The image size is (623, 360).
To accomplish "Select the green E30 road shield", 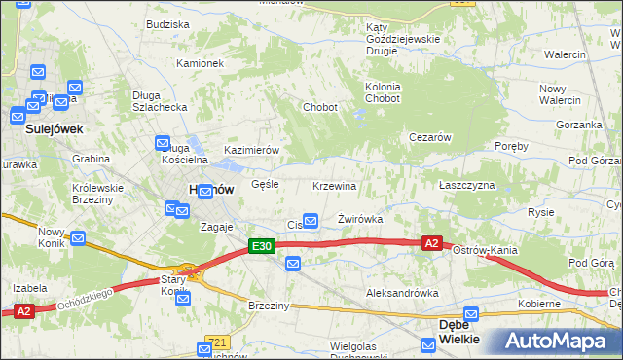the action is click(261, 247).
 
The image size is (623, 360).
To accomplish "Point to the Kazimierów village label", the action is click(252, 150).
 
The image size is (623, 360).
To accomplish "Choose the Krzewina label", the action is click(335, 186).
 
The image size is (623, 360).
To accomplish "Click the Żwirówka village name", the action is click(359, 220).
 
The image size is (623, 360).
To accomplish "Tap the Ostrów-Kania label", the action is click(485, 251).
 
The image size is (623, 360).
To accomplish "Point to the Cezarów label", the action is click(428, 138).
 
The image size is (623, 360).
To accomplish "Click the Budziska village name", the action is click(167, 24).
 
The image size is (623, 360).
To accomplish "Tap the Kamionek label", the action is click(200, 63).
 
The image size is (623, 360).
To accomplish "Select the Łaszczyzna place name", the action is click(466, 185).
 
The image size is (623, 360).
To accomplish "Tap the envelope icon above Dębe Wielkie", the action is click(472, 314).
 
